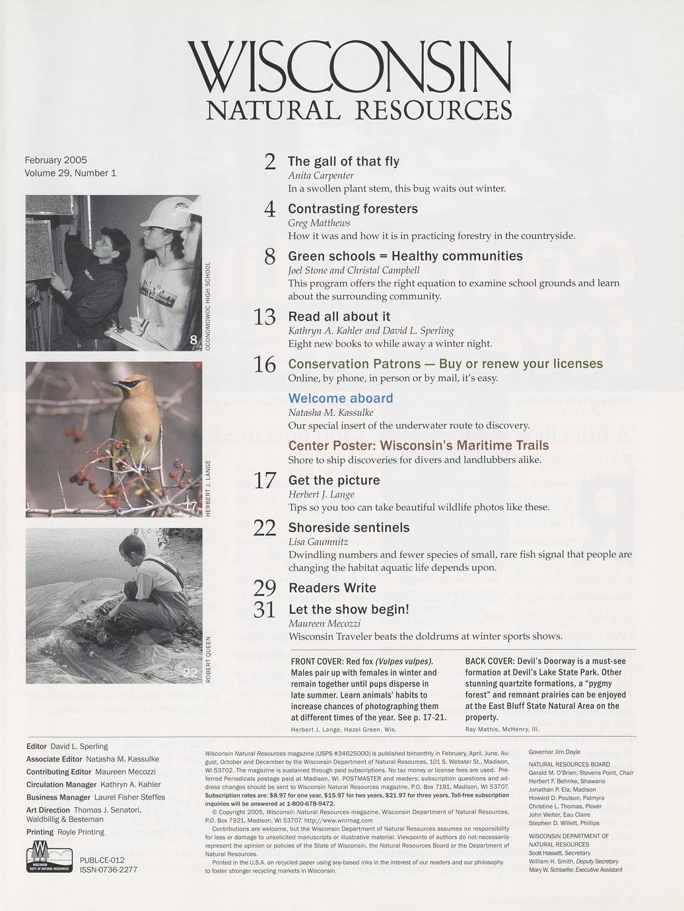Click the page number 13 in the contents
tap(264, 318)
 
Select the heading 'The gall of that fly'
tap(343, 161)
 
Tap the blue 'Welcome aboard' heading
tap(341, 398)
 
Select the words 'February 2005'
tap(55, 160)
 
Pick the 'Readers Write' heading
tap(332, 588)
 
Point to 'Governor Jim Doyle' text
tap(555, 752)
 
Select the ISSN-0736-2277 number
tap(108, 869)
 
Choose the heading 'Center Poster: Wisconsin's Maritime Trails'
tap(419, 445)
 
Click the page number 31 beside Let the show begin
tap(264, 609)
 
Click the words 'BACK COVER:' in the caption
tap(489, 661)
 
